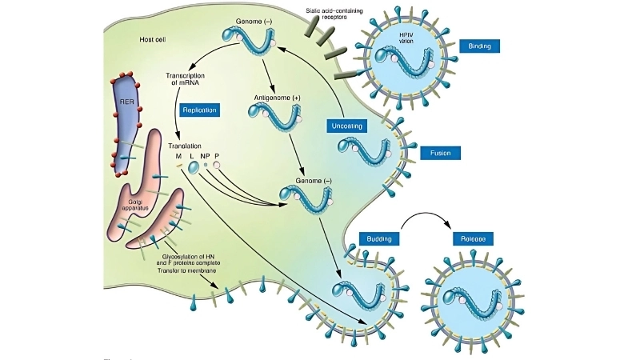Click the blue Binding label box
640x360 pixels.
coord(480,46)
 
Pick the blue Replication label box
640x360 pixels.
coord(199,110)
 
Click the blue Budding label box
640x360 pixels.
coord(379,238)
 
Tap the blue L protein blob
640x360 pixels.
coord(193,167)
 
